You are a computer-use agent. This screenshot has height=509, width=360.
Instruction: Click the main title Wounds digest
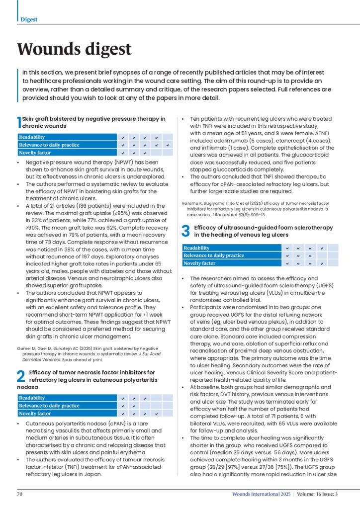tap(75, 49)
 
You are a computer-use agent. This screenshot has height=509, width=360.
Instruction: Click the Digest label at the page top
tap(29, 19)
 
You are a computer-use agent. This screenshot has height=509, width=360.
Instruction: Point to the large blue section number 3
tap(185, 230)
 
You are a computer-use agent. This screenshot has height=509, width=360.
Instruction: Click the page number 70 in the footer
tap(20, 494)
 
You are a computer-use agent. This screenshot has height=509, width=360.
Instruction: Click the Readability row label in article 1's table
tap(32, 137)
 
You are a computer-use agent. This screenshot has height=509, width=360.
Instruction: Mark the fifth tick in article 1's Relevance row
tap(168, 145)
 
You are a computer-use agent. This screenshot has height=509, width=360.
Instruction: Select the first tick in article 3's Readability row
tap(286, 248)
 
